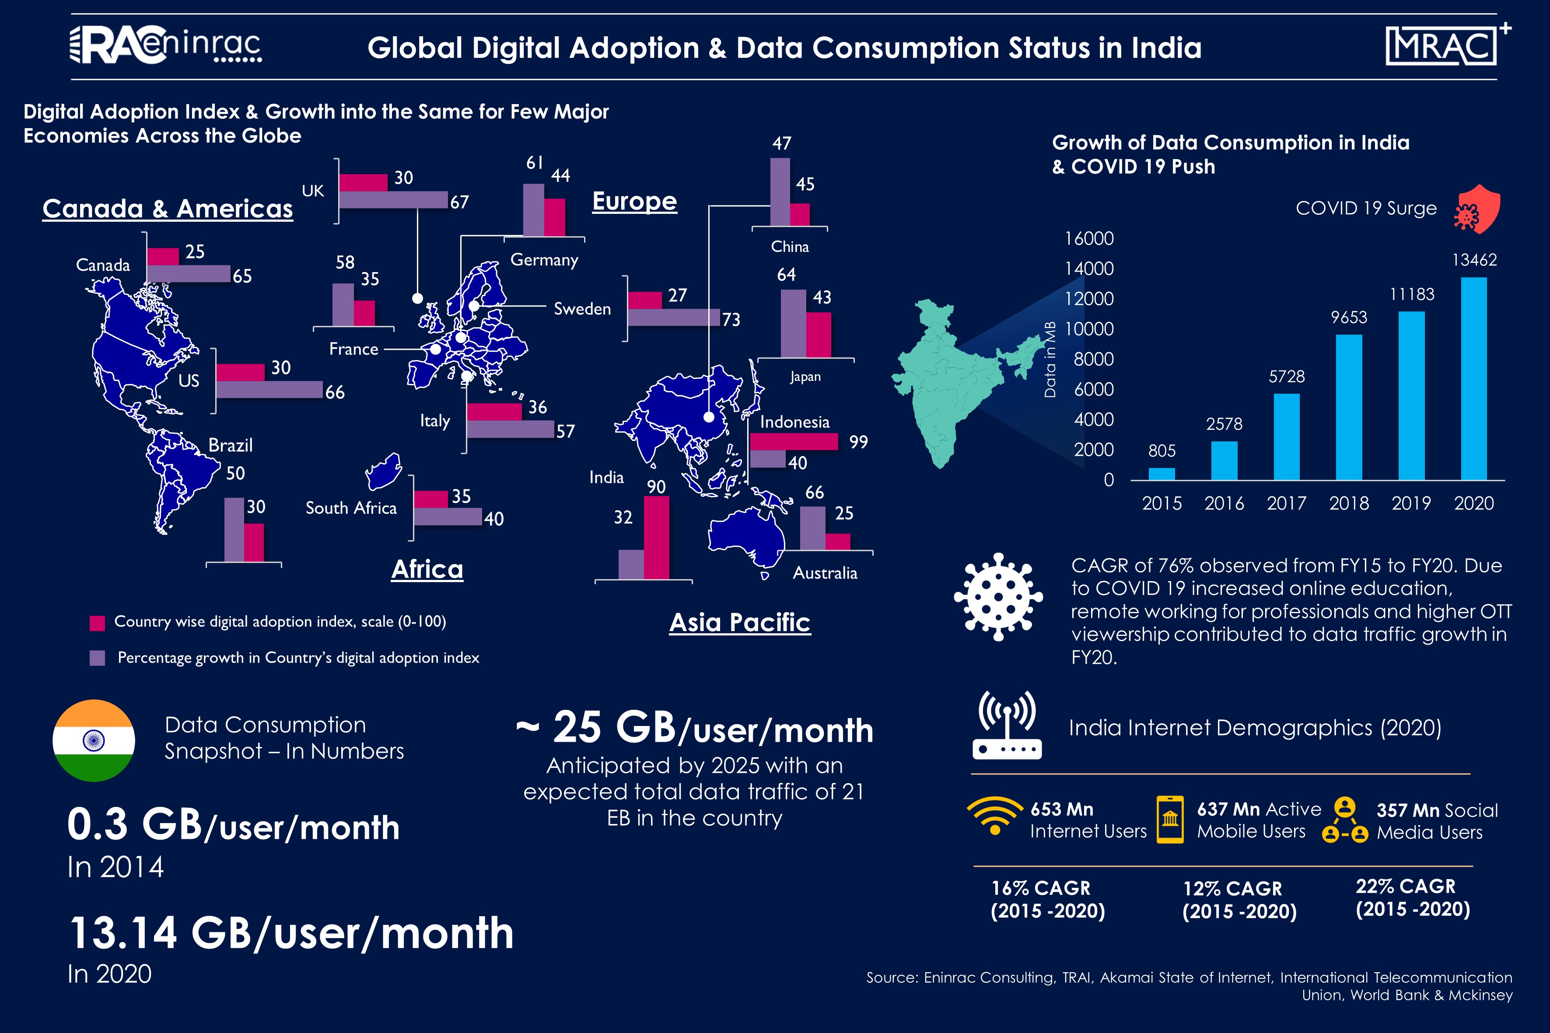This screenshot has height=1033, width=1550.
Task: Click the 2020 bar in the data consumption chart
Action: pos(1473,379)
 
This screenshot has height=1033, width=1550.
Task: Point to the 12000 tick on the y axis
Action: pos(1089,298)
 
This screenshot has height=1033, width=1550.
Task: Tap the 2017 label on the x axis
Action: pos(1286,503)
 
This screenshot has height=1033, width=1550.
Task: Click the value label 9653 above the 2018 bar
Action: pos(1348,318)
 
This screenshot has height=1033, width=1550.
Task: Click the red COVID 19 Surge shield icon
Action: pos(1479,209)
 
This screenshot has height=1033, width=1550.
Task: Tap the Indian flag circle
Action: pos(94,740)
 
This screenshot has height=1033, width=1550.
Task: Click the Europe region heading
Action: pos(634,201)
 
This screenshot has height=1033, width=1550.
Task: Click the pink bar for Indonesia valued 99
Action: pos(794,441)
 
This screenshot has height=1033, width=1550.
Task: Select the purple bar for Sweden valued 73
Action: pos(674,318)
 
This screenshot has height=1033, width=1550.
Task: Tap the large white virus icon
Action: pos(998,597)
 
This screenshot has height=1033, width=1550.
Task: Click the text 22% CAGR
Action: pos(1405,886)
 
